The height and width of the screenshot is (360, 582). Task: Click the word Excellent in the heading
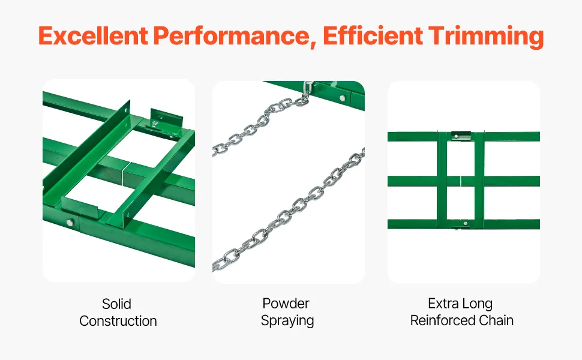(93, 36)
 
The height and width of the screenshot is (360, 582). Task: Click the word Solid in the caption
(116, 304)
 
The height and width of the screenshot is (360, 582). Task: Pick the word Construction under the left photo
(118, 321)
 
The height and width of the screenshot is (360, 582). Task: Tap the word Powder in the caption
(286, 304)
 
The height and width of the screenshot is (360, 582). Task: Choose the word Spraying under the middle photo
(287, 320)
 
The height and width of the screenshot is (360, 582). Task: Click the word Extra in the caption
(443, 304)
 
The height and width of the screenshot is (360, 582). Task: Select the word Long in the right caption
(478, 304)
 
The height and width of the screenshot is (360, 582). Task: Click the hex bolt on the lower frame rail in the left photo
(70, 223)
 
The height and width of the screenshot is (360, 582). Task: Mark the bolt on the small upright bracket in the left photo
(156, 122)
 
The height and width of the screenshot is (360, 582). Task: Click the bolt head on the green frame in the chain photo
(342, 98)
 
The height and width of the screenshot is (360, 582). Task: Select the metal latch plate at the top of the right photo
(461, 136)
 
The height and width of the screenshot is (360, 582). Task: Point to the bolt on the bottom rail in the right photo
(466, 223)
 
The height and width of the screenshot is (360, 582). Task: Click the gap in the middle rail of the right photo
(461, 181)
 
